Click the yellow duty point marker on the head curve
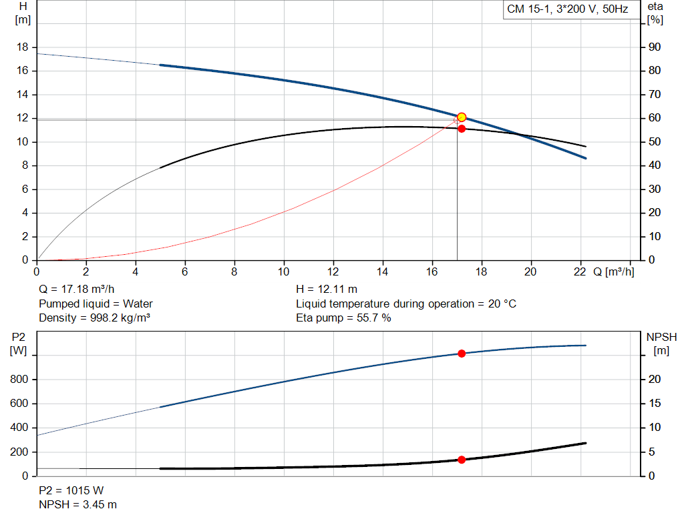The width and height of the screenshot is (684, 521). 462,117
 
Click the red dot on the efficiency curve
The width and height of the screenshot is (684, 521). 462,128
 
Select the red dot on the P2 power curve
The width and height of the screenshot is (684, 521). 462,353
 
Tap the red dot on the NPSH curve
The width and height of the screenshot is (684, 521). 462,460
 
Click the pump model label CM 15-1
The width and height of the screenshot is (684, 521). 567,10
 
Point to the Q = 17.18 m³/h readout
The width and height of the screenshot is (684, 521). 77,290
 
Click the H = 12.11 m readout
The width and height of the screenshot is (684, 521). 327,290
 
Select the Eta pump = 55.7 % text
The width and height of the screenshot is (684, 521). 343,318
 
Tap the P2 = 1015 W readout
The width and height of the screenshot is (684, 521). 71,490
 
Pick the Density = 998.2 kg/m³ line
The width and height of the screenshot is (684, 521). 94,318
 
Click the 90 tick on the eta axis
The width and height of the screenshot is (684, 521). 654,47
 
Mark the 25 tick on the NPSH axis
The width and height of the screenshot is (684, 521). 654,356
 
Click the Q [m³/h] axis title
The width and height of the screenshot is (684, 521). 614,272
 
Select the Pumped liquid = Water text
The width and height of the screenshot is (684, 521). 96,304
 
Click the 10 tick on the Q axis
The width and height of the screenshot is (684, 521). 284,272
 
